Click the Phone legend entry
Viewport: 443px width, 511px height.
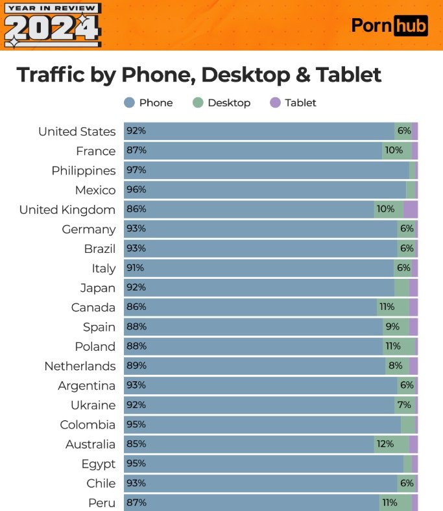148,102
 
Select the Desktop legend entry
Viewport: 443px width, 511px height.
221,102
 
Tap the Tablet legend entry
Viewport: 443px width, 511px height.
293,102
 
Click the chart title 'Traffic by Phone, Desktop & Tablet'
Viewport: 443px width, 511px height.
199,74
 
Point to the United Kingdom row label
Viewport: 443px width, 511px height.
67,209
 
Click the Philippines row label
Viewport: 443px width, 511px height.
84,171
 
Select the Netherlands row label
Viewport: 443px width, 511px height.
80,366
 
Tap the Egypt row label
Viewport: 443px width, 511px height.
99,464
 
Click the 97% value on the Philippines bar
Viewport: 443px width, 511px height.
136,170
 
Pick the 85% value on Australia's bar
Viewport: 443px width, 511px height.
136,444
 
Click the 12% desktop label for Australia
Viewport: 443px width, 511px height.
384,444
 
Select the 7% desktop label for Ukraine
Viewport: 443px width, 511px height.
404,405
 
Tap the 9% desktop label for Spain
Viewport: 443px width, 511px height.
392,327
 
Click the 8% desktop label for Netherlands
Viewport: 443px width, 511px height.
395,366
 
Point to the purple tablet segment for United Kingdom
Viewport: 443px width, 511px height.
411,209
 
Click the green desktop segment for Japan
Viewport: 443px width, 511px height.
401,287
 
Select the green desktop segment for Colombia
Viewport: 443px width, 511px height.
407,425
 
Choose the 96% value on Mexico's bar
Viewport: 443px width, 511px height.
136,190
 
